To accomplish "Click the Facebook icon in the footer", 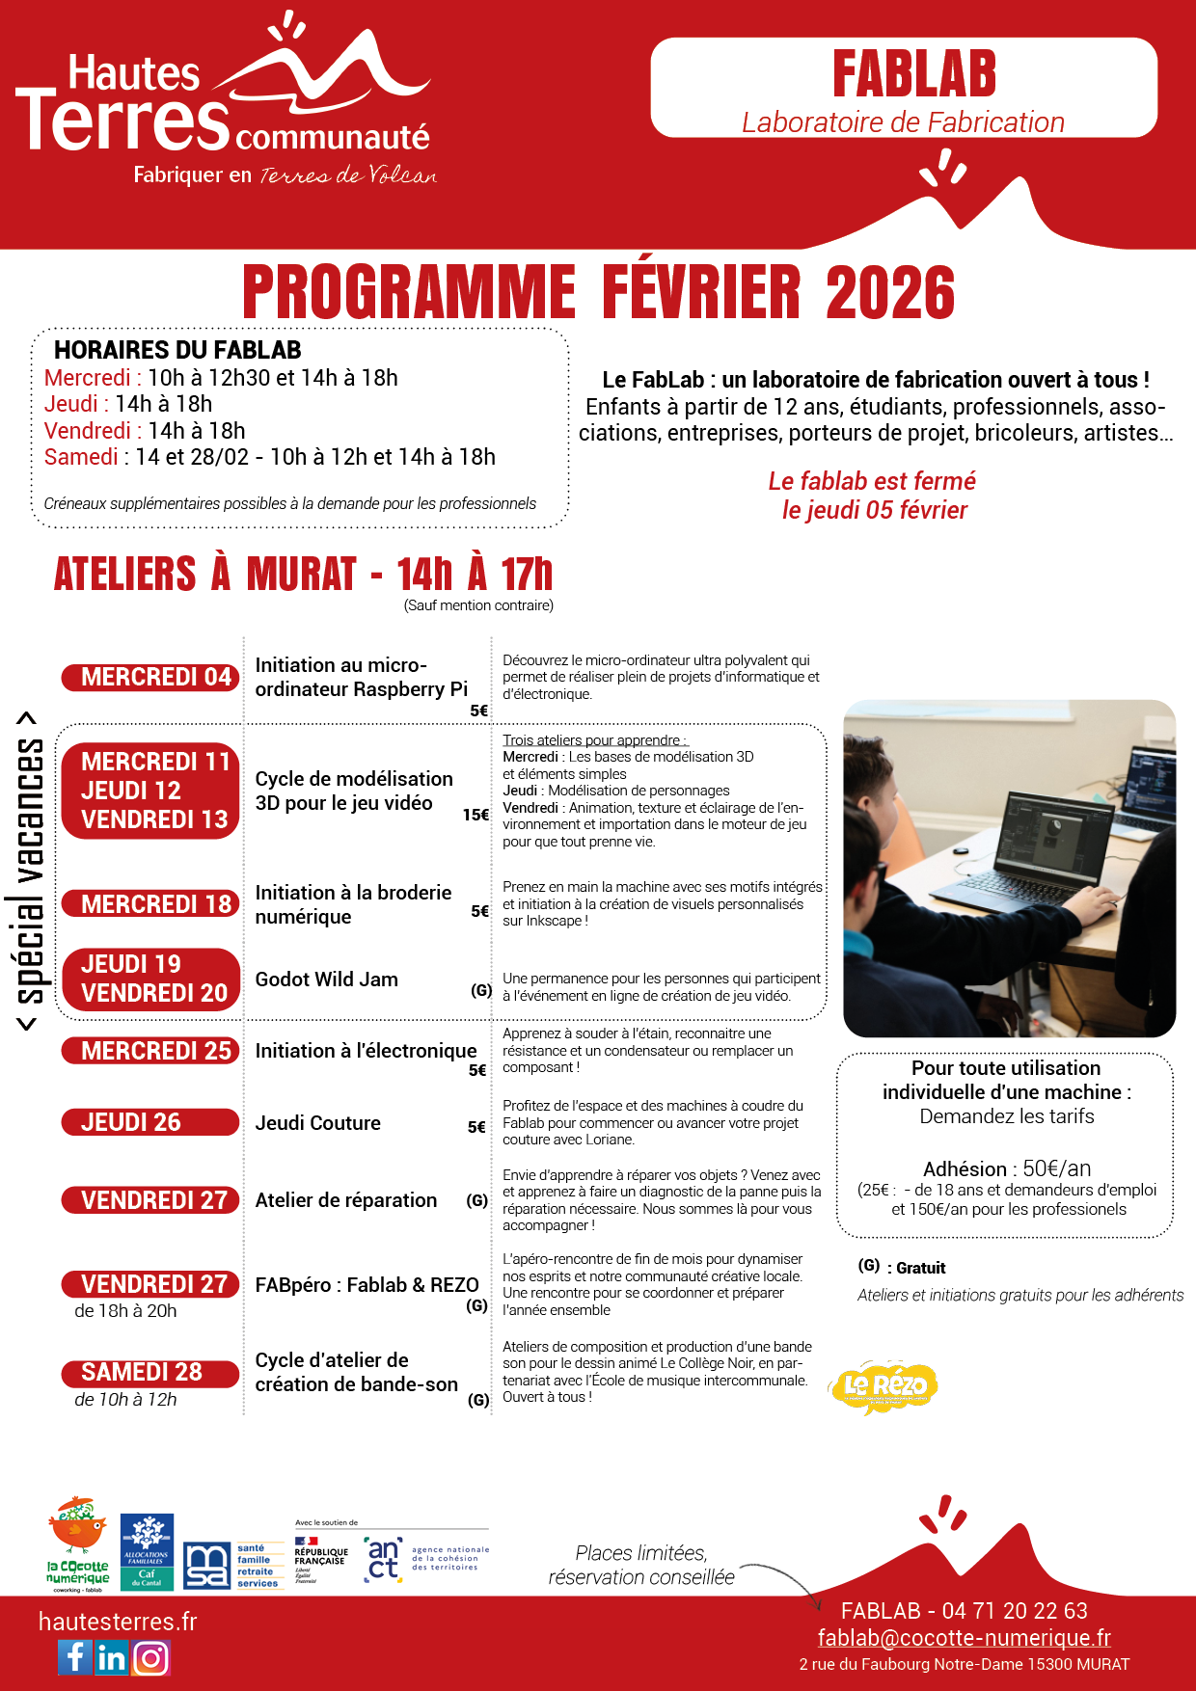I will (x=75, y=1657).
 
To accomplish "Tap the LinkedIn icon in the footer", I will (x=112, y=1657).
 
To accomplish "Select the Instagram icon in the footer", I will (x=151, y=1657).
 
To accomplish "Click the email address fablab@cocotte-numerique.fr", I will (x=964, y=1637).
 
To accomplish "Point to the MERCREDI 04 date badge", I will (x=150, y=677).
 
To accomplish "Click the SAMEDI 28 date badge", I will (x=150, y=1372).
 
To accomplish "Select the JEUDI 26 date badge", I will (x=150, y=1122).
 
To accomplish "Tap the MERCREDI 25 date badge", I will (x=150, y=1050).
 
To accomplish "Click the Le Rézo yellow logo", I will (x=883, y=1387).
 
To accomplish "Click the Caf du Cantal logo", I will (x=147, y=1551).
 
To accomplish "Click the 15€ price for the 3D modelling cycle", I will (x=476, y=815).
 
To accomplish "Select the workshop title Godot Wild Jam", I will (x=326, y=980).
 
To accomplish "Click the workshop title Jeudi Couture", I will (x=317, y=1123).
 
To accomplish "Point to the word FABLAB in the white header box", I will (x=913, y=74).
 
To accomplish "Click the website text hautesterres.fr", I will (x=118, y=1622).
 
